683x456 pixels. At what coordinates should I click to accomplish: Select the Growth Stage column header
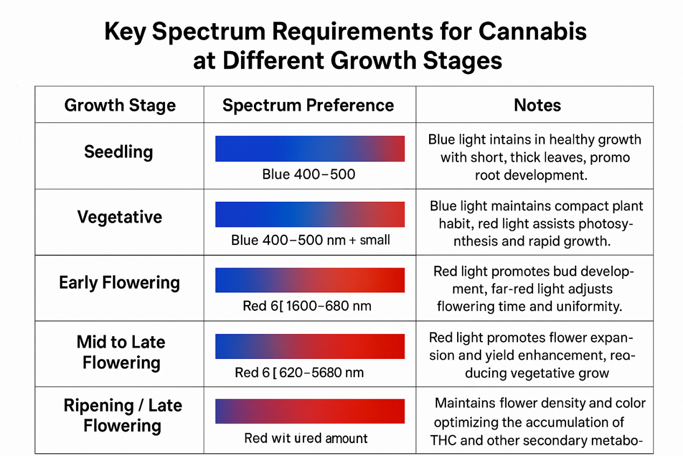[120, 105]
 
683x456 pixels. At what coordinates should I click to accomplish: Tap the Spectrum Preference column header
[308, 105]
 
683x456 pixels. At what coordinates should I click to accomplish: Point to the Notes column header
[537, 105]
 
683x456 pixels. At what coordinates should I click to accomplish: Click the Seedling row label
[119, 152]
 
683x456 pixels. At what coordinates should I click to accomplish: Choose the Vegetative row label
[120, 217]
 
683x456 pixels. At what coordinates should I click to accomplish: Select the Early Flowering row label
[120, 283]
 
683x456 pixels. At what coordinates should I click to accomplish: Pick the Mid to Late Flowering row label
[121, 352]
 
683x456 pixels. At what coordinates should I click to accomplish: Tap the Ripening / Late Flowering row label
[122, 416]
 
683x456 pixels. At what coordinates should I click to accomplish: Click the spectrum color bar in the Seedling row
[310, 148]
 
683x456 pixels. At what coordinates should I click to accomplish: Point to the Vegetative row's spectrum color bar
[310, 214]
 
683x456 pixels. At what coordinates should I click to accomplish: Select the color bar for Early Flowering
[310, 280]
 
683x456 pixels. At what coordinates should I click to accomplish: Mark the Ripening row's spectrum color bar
[310, 411]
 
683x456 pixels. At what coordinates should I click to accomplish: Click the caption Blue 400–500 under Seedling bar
[309, 174]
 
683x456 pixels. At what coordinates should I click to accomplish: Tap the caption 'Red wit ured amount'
[306, 438]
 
